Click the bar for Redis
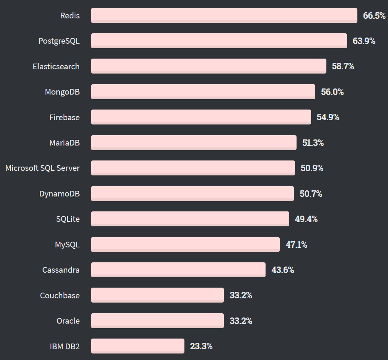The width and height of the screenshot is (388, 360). point(224,15)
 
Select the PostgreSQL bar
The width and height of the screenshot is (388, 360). point(219,41)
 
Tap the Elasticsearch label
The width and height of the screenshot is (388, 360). point(56,67)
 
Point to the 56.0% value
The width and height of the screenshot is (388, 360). point(332,92)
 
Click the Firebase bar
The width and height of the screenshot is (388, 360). point(201,117)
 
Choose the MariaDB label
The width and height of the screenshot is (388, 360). point(64,143)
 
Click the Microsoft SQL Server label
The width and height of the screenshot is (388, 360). point(42,168)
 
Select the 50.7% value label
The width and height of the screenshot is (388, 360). point(311,194)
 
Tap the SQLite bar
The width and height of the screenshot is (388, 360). point(190,219)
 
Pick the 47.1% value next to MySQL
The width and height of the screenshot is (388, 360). point(296,244)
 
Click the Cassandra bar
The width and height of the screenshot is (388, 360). point(178,270)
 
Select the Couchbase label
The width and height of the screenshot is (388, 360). point(60,296)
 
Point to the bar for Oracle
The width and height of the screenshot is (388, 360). point(157,321)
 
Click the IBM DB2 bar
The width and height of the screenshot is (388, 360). point(137,346)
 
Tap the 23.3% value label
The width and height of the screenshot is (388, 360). point(201,346)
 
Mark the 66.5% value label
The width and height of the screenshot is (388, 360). point(374,16)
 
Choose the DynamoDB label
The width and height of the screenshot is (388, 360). point(59,194)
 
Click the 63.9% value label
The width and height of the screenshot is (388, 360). point(364,41)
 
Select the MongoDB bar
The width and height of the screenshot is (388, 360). point(203,92)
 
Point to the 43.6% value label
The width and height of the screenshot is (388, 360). point(283,270)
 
